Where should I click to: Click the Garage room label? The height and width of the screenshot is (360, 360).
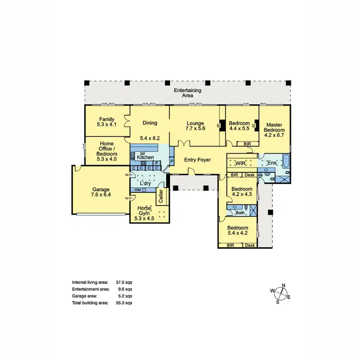point(101,189)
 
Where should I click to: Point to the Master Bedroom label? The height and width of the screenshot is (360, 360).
point(275,127)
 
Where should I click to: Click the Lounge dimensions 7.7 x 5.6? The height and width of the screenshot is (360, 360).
point(196,129)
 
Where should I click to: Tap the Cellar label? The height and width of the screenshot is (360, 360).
point(161,197)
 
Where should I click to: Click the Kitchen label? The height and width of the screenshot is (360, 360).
point(145,157)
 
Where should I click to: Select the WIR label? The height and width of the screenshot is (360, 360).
point(240,163)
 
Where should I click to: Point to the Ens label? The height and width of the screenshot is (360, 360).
point(272,163)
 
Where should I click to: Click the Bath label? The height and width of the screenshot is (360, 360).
point(240,213)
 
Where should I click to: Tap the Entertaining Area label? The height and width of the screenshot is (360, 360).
point(187,93)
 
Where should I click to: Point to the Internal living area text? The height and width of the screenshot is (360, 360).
point(90,283)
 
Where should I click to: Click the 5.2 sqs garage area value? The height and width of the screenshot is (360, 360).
point(126,297)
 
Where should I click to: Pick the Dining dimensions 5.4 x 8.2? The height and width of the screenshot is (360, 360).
point(150,138)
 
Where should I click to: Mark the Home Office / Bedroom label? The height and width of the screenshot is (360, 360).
point(107,151)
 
